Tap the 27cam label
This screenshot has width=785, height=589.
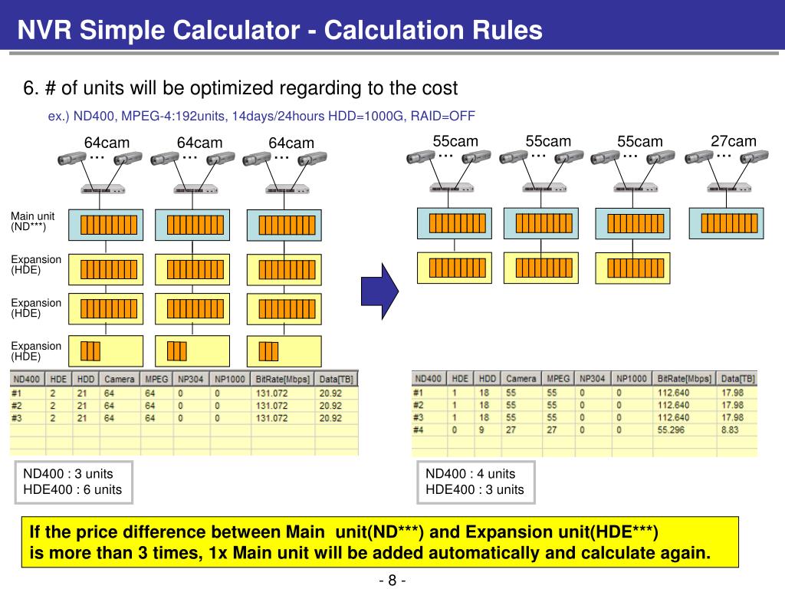(733, 141)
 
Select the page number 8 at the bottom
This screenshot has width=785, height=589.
(392, 580)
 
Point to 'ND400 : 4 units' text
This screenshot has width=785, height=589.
(471, 473)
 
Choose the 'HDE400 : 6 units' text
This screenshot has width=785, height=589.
(73, 489)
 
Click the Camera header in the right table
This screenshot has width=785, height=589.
(521, 378)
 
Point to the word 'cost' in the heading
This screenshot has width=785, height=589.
(440, 88)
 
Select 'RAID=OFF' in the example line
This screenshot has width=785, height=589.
(443, 116)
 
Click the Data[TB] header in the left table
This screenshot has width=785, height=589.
(337, 379)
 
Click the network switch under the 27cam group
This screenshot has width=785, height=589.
(723, 188)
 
